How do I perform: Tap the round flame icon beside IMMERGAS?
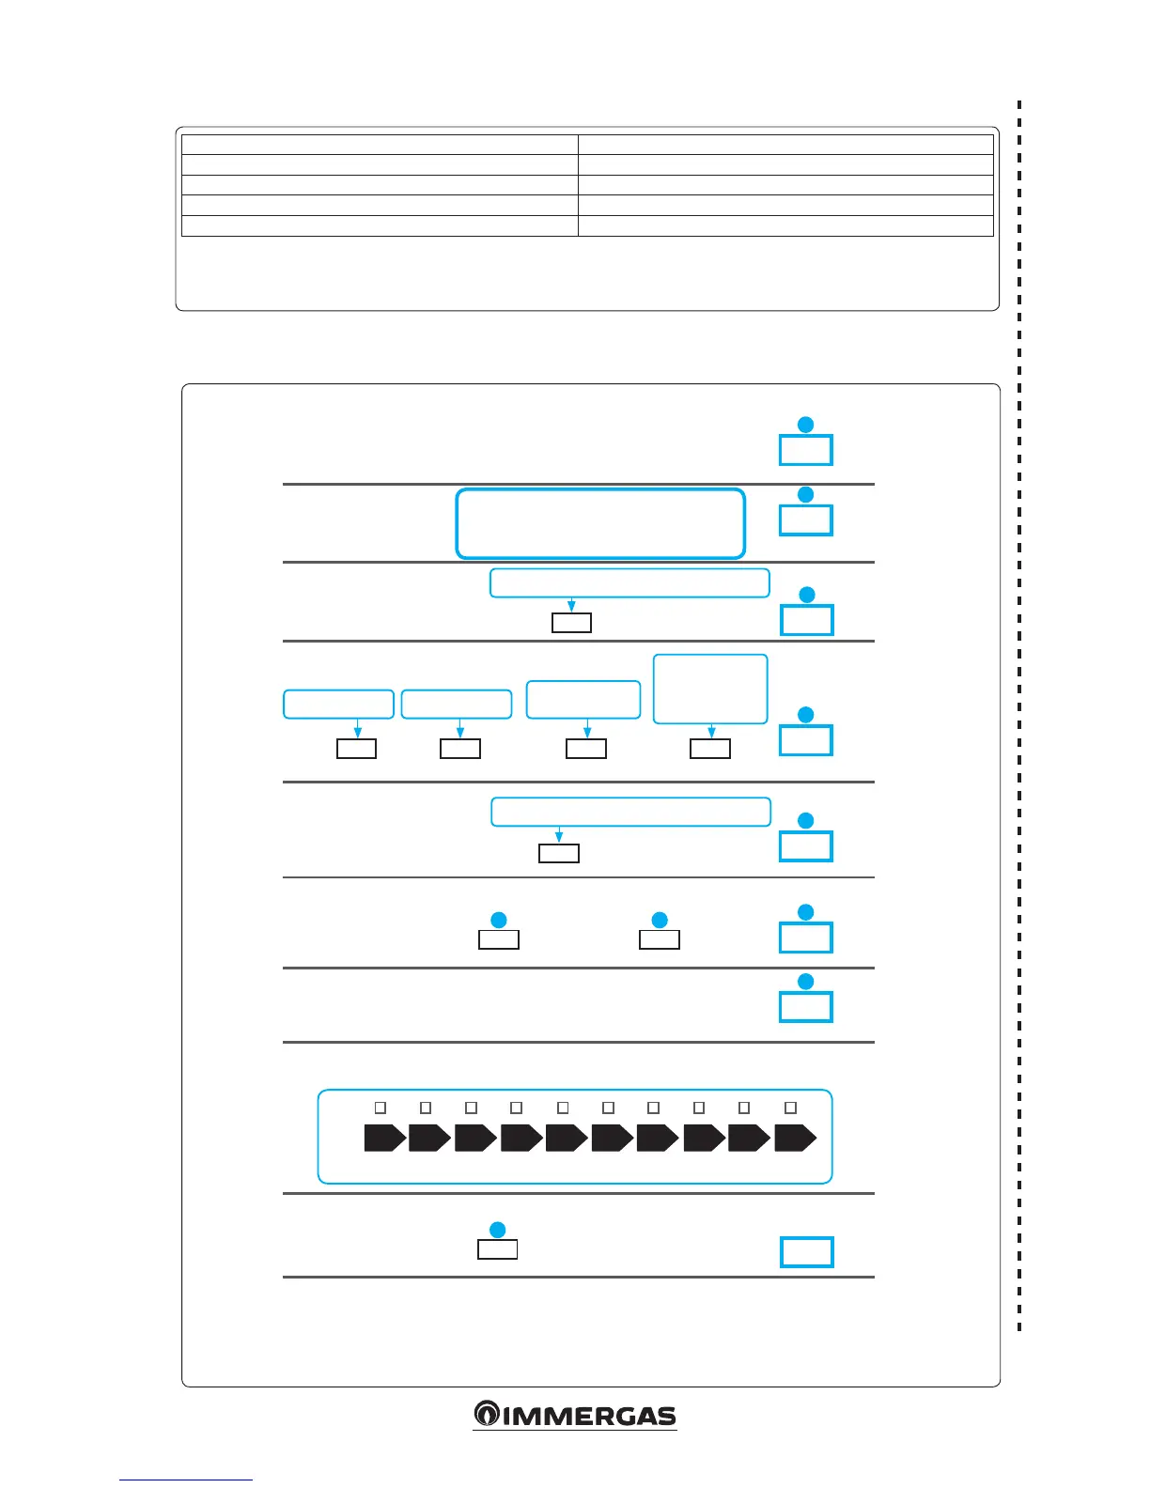(x=486, y=1414)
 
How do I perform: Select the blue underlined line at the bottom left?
(x=185, y=1480)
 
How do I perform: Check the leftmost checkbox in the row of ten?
(x=381, y=1108)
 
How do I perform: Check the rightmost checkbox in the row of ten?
(x=790, y=1108)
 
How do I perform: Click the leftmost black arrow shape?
(x=384, y=1138)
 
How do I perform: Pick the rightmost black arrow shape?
(x=795, y=1138)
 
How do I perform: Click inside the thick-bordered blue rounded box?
(x=600, y=523)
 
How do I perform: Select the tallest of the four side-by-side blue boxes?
(x=710, y=689)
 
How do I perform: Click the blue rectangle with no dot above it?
(x=806, y=1252)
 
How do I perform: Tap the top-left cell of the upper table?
(x=379, y=144)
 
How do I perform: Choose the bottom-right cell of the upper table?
(x=785, y=225)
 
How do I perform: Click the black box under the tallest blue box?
(x=710, y=748)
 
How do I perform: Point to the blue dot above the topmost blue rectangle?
(x=805, y=425)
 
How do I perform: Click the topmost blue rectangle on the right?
(x=806, y=450)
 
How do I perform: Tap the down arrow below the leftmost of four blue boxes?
(x=357, y=730)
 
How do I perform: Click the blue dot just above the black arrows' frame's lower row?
(x=498, y=1230)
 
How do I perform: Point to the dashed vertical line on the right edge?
(x=1019, y=714)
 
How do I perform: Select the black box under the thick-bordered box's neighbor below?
(x=571, y=622)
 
